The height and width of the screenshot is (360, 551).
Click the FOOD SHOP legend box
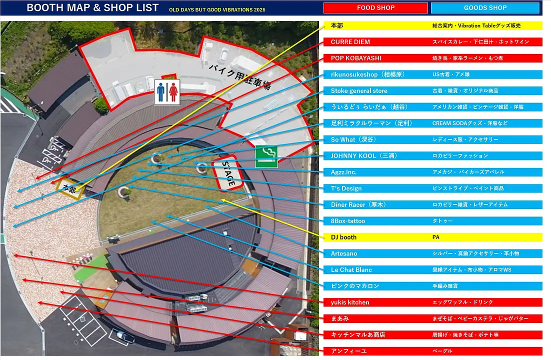375,8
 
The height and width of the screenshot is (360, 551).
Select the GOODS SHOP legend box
485,8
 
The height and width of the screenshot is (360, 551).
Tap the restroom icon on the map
167,92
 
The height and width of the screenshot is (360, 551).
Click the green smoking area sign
266,156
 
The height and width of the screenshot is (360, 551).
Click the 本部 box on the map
70,189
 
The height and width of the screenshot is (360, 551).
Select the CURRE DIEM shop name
350,42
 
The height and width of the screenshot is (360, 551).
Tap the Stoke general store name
359,91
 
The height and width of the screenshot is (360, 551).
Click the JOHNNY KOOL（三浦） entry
363,156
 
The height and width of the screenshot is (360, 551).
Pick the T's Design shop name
346,188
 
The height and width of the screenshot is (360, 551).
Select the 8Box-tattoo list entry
348,221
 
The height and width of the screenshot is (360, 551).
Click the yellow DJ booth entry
343,237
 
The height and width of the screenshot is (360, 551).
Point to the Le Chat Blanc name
351,270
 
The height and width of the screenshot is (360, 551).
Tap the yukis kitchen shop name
350,302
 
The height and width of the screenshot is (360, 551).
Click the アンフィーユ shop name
348,351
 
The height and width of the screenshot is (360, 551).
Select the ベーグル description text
442,351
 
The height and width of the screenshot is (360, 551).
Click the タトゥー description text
442,221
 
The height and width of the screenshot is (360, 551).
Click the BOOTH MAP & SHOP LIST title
92,8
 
